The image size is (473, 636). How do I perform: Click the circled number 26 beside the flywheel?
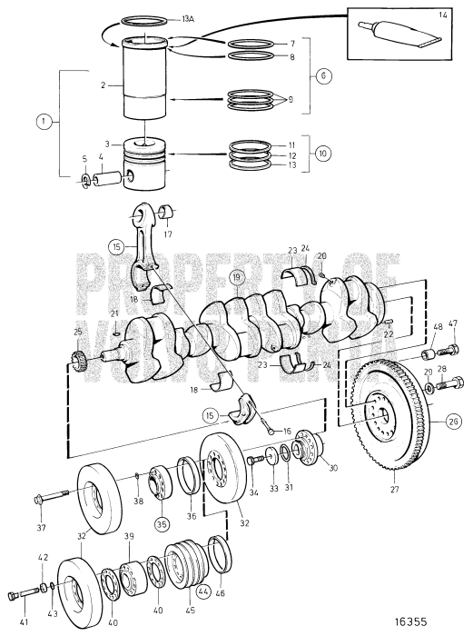pyautogui.click(x=452, y=420)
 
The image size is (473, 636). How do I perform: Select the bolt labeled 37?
pyautogui.click(x=50, y=499)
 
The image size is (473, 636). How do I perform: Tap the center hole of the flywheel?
pyautogui.click(x=379, y=416)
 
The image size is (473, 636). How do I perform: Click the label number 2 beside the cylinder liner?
pyautogui.click(x=105, y=84)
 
